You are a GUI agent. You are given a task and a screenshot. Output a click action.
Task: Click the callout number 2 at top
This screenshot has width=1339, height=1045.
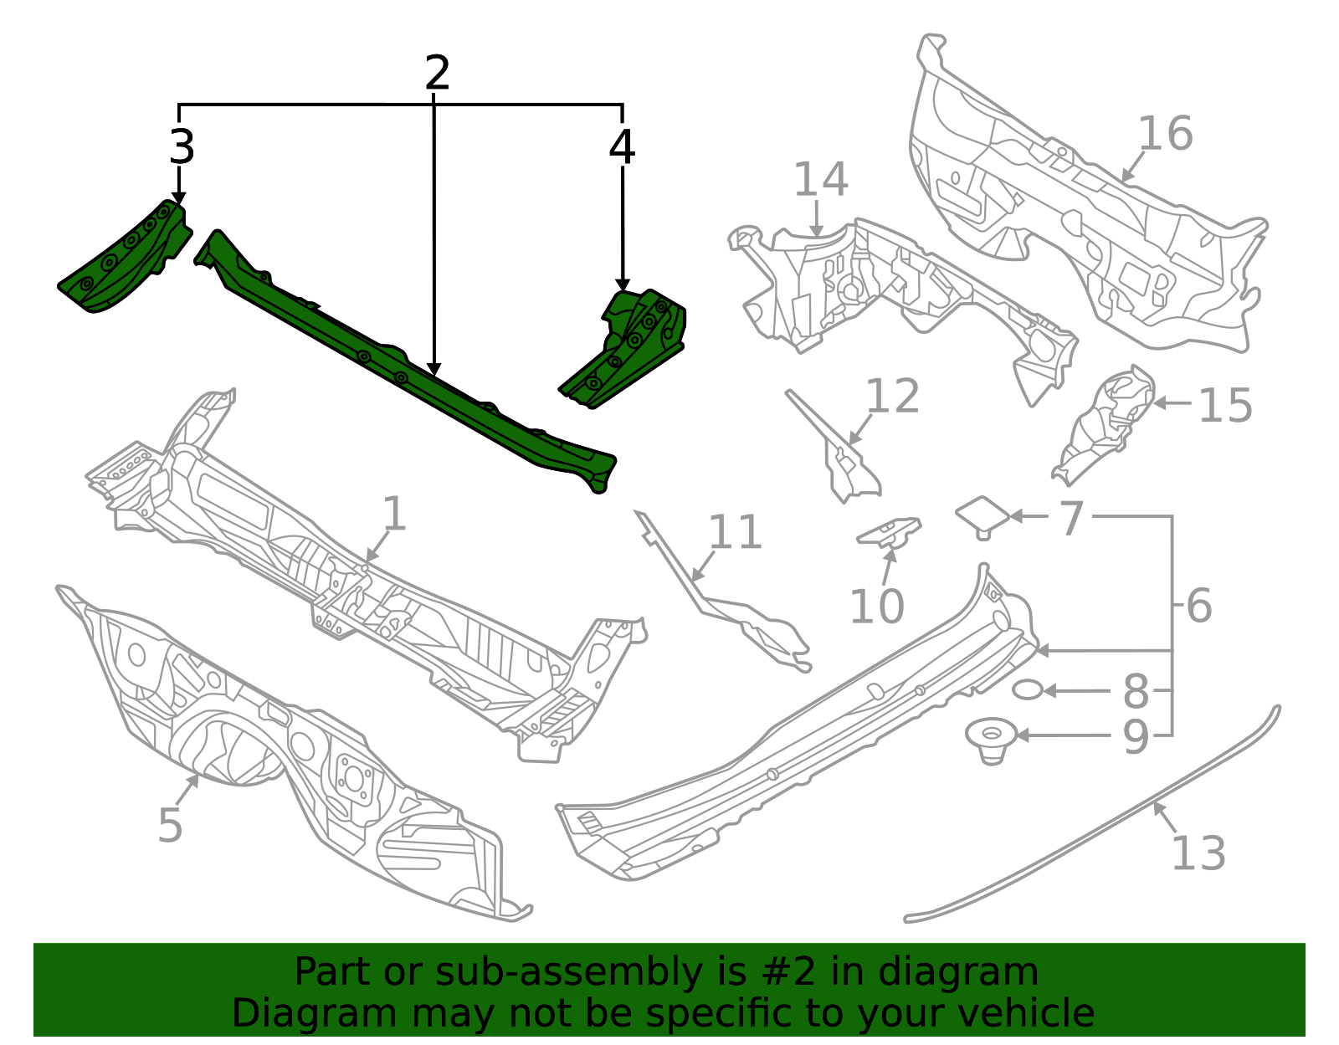(437, 74)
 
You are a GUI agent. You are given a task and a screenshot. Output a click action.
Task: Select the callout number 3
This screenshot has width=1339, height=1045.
(182, 147)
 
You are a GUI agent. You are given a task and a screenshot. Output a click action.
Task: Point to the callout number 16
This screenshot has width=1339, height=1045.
(1165, 134)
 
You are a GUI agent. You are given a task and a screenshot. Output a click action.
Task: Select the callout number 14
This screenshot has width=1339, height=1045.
(820, 180)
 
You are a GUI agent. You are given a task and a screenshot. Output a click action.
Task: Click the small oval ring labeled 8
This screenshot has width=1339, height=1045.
(1027, 690)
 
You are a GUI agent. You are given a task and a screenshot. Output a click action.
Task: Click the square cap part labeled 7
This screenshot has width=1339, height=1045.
(982, 514)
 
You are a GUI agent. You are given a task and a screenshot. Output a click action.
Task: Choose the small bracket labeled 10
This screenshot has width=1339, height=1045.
(890, 532)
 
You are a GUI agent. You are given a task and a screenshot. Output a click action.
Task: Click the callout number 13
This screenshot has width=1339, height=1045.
(1198, 854)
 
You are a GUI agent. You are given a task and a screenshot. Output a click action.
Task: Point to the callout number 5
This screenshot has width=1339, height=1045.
(170, 826)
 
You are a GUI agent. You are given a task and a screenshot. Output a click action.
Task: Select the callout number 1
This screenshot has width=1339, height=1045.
(393, 514)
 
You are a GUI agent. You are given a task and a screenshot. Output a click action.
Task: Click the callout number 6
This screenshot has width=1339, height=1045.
(1198, 606)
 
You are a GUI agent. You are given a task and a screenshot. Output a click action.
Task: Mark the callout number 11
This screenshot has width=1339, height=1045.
(735, 533)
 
